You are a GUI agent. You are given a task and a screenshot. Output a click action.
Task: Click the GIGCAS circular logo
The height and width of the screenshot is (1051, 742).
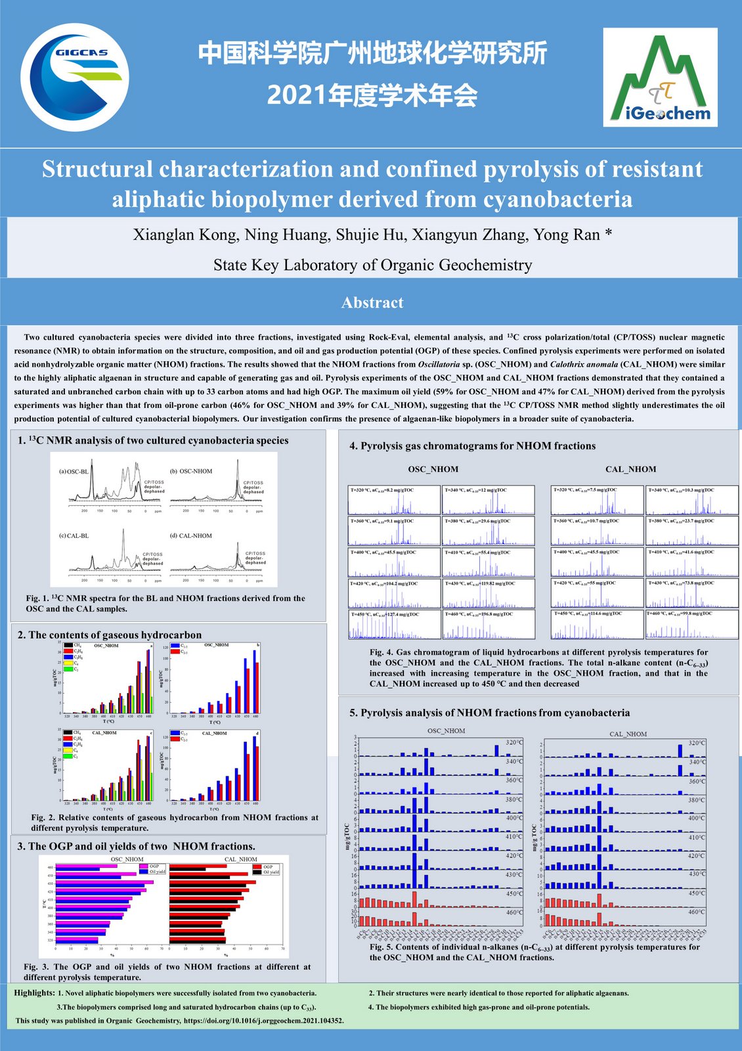point(74,77)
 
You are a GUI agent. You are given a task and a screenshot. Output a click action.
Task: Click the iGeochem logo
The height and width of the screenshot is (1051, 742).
point(660,78)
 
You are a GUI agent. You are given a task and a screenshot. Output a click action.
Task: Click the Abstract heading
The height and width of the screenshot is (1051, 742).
point(372,303)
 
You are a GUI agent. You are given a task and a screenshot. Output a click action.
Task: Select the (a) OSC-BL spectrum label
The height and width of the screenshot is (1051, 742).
point(74,472)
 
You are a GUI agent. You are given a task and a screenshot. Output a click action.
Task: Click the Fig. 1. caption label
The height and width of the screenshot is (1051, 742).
point(38,598)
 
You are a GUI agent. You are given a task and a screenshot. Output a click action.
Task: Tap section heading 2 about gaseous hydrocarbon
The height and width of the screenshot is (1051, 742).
point(110,635)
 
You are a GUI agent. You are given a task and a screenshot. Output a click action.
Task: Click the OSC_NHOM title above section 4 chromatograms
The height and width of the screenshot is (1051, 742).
point(433,469)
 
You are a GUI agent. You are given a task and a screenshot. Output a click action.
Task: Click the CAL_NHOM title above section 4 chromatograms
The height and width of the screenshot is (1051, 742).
point(630,469)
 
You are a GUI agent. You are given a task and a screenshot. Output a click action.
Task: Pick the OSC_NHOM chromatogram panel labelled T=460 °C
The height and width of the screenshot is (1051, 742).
point(488,625)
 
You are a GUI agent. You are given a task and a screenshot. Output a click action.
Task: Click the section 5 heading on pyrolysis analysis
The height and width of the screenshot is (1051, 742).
point(489,713)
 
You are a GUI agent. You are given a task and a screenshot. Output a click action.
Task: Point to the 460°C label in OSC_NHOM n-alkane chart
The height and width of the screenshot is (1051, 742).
point(514,912)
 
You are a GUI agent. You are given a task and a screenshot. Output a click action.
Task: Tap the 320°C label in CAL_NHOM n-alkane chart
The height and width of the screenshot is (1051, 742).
point(697,743)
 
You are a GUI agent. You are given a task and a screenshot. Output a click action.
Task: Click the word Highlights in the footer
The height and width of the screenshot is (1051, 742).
point(34,993)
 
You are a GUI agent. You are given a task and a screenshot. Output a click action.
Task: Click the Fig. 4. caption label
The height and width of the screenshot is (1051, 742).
point(382,652)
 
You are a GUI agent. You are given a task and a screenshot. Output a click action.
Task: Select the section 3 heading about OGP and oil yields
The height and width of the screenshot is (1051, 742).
point(137,846)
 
